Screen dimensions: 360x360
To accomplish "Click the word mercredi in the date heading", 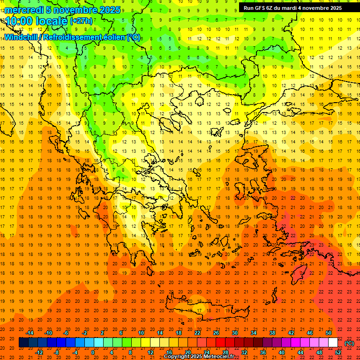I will (24, 10).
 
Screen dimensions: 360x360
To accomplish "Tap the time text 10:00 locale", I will (37, 21).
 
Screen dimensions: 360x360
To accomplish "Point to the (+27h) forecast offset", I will (81, 21).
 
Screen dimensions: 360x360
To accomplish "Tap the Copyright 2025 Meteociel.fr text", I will (199, 357).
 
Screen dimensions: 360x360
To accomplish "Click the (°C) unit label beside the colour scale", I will (349, 343).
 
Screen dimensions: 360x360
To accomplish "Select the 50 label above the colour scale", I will (329, 333).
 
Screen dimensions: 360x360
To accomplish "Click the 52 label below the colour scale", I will (338, 352).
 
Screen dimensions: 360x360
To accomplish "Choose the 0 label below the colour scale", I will (93, 352).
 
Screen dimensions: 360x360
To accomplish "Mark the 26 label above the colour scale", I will (216, 333).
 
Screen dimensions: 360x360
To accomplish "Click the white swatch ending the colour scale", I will (333, 343).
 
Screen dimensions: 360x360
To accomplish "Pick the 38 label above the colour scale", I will (272, 333).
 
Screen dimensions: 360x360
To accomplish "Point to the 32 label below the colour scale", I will (244, 352).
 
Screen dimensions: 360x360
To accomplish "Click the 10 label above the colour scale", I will (141, 333).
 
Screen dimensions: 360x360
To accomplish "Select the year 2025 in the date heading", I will (110, 10).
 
